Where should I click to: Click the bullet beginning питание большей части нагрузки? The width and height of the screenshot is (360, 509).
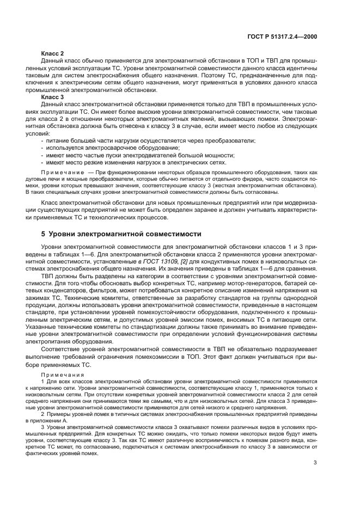pos(147,140)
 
